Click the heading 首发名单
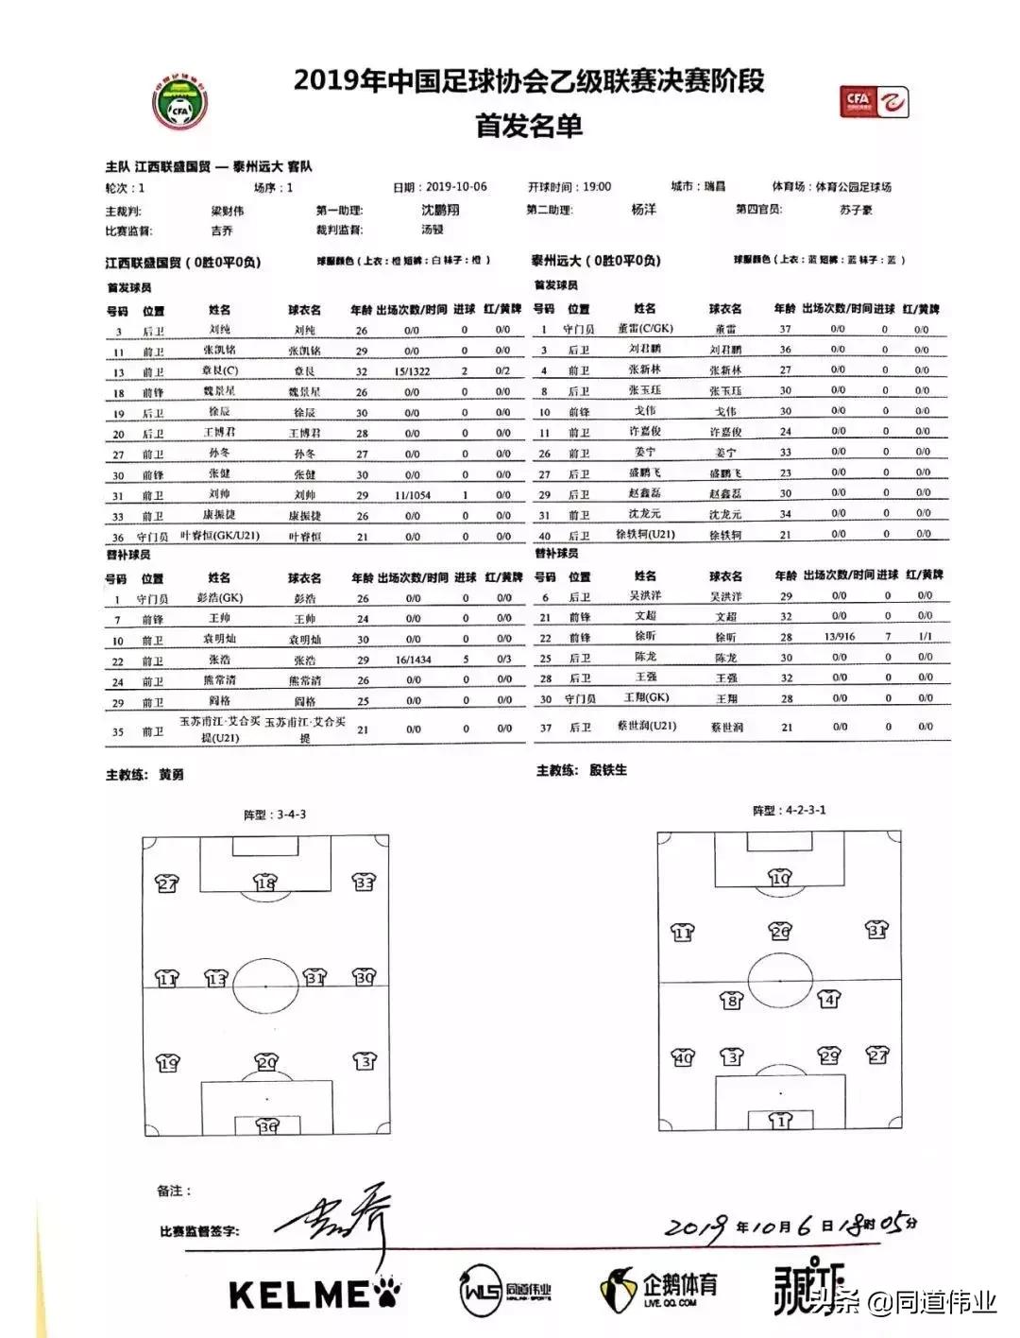click(528, 126)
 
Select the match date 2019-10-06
click(456, 187)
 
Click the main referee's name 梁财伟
click(227, 211)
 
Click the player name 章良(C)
click(219, 371)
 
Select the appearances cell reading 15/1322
click(412, 371)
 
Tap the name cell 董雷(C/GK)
click(645, 329)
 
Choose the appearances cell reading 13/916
click(839, 636)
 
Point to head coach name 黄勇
click(171, 775)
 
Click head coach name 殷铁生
click(607, 770)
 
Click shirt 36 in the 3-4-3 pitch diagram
click(268, 1126)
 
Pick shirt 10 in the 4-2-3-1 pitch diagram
click(780, 879)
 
